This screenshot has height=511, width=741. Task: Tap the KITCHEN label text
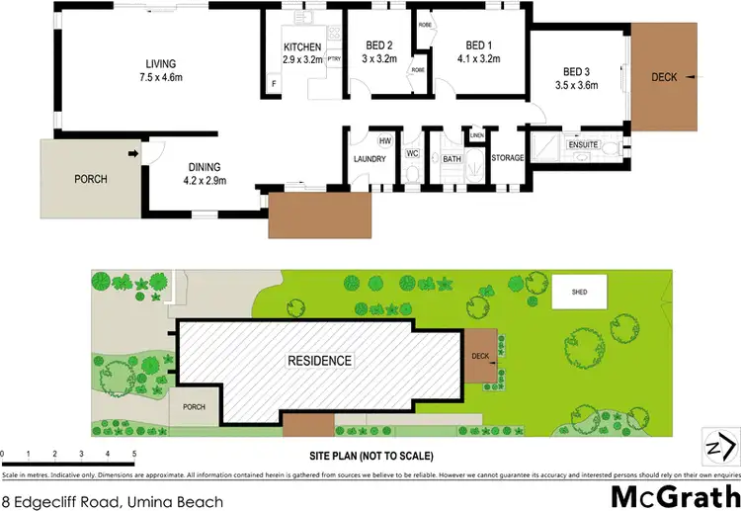(x=302, y=47)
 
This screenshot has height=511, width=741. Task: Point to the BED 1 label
(x=478, y=45)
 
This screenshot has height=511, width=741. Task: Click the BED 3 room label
(x=576, y=71)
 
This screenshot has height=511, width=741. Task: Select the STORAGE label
(x=507, y=158)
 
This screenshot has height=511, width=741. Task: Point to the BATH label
(x=453, y=159)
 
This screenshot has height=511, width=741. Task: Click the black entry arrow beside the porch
(x=132, y=153)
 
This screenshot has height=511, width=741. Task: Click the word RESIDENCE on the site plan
(x=319, y=361)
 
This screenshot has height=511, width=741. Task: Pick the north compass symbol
(x=718, y=447)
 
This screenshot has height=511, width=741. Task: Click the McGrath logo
(x=676, y=495)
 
